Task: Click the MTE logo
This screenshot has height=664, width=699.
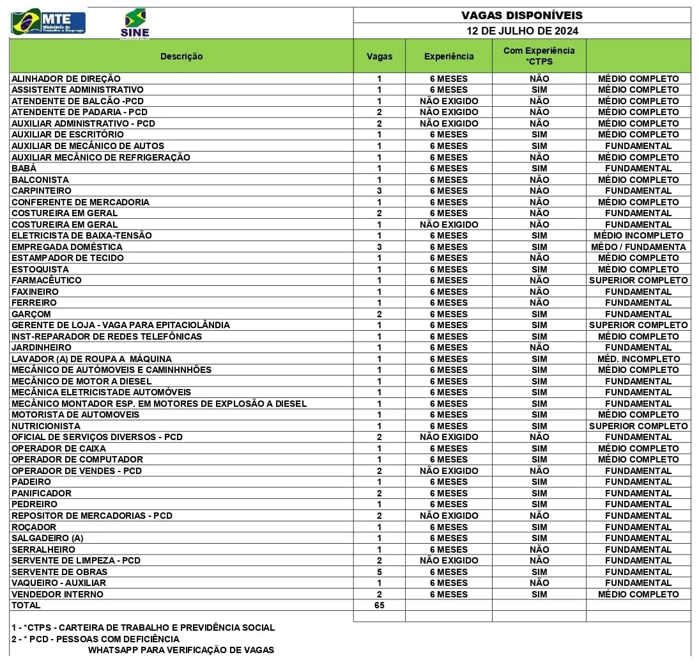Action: (x=48, y=22)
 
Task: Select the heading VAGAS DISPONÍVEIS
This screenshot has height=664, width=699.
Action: (x=521, y=15)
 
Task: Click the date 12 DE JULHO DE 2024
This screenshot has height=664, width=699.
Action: (x=521, y=31)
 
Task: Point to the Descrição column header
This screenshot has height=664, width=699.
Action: (x=181, y=56)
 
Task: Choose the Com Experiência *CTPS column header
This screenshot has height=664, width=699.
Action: (x=539, y=56)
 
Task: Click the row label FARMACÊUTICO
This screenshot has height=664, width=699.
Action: (x=47, y=280)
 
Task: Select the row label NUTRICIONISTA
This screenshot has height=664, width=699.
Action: (x=46, y=426)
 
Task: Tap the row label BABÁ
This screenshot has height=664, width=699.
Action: (x=24, y=168)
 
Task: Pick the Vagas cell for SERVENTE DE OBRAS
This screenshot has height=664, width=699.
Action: (x=379, y=572)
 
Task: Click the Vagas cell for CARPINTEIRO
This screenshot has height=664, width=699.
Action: (x=379, y=191)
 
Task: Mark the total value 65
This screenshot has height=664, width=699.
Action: (x=379, y=605)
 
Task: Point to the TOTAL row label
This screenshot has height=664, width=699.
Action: (x=26, y=605)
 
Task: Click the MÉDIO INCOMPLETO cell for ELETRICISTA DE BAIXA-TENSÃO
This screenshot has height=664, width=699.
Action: (x=638, y=235)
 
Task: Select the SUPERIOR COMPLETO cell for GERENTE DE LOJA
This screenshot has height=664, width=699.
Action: (x=638, y=325)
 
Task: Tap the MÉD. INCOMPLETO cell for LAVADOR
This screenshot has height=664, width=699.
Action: (x=638, y=359)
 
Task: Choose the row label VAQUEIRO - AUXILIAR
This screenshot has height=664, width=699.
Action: (x=59, y=583)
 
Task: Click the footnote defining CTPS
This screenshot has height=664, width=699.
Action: (x=143, y=628)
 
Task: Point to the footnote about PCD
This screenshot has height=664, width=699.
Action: (x=95, y=639)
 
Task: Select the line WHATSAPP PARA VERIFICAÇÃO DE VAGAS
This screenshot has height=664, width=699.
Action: (x=181, y=650)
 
